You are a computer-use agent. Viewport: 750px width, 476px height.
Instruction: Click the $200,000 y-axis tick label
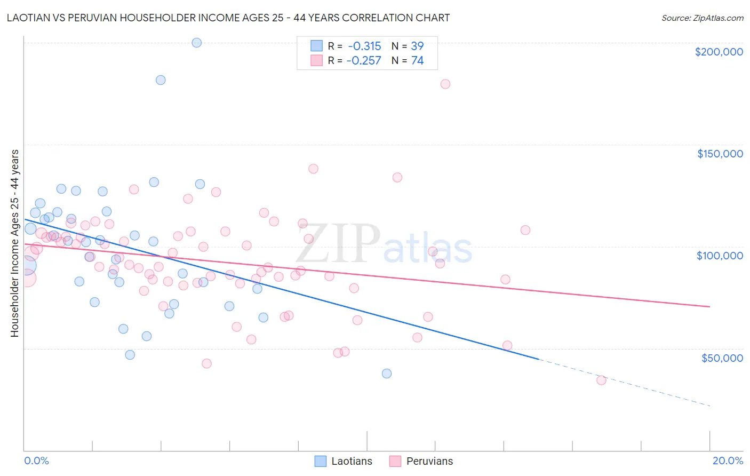coord(719,52)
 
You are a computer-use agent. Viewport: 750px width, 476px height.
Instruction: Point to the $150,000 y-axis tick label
coord(720,154)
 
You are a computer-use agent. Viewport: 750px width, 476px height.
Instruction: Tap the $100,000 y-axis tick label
coord(720,256)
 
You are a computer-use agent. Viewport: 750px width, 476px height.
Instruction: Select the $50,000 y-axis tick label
coord(722,358)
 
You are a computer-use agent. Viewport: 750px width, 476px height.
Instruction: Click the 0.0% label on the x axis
coord(36,461)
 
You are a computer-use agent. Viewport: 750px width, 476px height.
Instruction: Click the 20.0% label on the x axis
coord(728,461)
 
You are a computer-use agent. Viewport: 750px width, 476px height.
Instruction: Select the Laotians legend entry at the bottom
coord(344,461)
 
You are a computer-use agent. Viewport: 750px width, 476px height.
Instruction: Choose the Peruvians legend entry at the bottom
coord(421,461)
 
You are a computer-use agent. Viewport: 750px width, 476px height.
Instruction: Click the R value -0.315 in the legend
coord(363,46)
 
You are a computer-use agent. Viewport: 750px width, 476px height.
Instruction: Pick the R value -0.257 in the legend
coord(363,60)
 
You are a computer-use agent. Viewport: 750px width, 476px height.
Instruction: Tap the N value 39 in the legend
coord(417,46)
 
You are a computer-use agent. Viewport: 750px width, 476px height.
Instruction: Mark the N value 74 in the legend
coord(417,60)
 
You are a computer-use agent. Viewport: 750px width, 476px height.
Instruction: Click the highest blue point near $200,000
coord(196,43)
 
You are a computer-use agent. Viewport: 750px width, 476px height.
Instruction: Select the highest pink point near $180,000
coord(445,84)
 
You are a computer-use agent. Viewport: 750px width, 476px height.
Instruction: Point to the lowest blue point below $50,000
coord(387,374)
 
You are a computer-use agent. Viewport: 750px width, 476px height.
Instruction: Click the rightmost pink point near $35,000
coord(601,380)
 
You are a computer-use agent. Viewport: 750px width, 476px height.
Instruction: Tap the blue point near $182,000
coord(161,80)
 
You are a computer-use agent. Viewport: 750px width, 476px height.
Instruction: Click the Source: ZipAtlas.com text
coord(702,18)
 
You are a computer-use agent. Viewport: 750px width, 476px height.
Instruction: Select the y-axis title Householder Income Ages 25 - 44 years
coord(15,243)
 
